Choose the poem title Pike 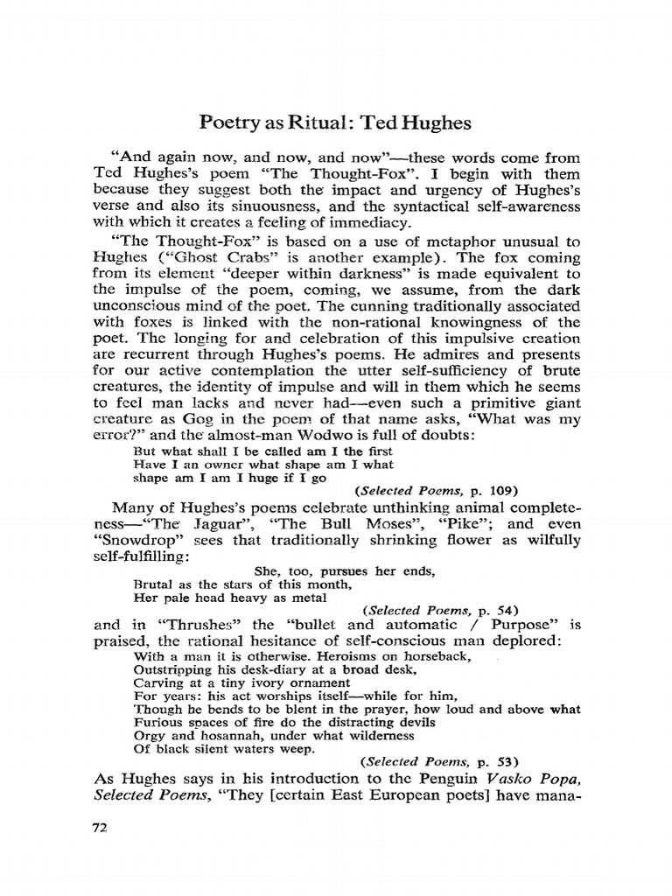tap(468, 525)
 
